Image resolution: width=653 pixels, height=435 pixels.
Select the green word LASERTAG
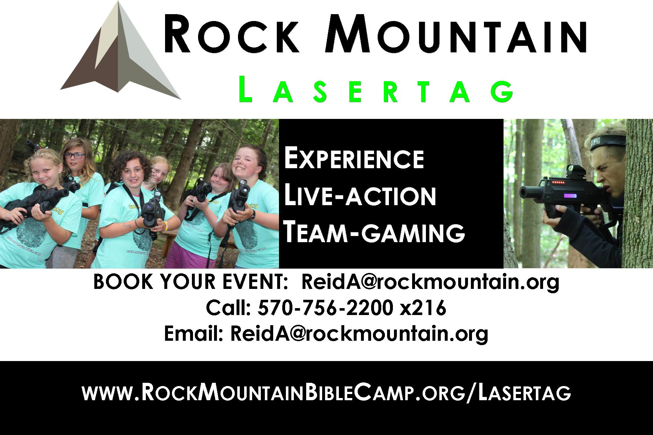[376, 89]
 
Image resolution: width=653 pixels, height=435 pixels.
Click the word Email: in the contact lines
[193, 334]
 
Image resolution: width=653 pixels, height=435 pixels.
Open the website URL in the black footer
[326, 393]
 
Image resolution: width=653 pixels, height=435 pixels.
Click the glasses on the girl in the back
[75, 156]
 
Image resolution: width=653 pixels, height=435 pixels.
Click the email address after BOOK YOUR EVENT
[430, 283]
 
